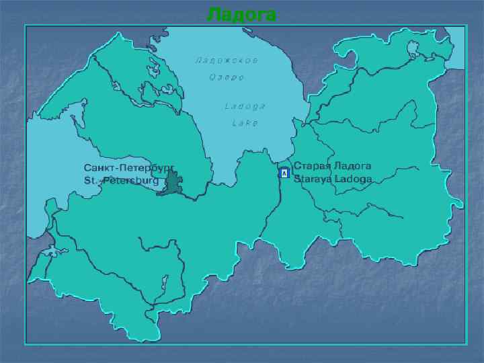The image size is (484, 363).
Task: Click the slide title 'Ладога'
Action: [241, 14]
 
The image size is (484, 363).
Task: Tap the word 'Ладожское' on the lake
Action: [227, 60]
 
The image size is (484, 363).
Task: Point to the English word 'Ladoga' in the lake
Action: [245, 106]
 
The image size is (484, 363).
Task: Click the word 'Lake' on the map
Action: [245, 123]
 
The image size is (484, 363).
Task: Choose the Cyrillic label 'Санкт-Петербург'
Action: [128, 166]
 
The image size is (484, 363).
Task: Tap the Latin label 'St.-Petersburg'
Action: [121, 181]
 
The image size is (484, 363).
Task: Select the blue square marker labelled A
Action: [284, 173]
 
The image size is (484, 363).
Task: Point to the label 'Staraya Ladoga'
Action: [332, 180]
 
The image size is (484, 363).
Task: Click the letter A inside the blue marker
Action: [284, 173]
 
